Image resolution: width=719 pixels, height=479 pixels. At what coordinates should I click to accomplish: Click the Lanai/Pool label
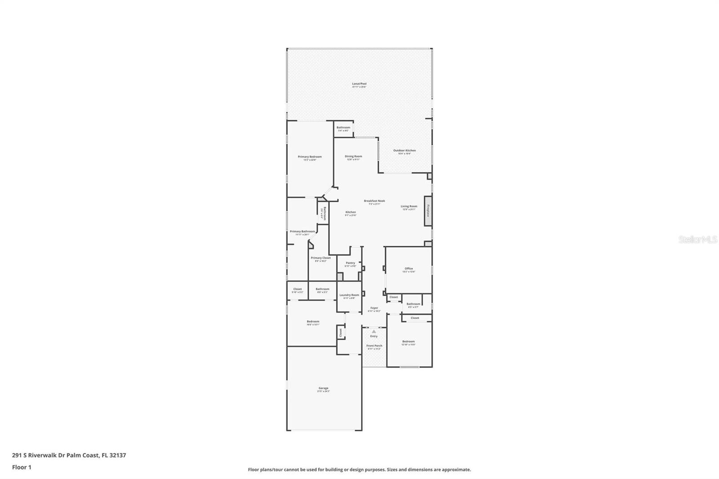(x=359, y=84)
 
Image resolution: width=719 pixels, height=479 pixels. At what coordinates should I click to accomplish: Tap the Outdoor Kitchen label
(x=404, y=151)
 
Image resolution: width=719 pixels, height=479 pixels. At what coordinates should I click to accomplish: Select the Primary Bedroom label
(x=310, y=157)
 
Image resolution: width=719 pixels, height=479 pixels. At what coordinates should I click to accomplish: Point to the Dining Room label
(x=353, y=157)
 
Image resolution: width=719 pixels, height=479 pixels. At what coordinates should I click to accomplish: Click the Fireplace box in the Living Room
(x=428, y=211)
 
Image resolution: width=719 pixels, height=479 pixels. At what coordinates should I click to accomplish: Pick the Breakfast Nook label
(x=374, y=201)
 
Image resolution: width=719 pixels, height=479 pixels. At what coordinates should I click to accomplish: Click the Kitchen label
(x=351, y=213)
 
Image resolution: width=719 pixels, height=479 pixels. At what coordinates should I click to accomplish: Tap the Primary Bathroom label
(x=302, y=232)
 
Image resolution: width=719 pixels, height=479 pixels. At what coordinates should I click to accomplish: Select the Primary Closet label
(x=320, y=258)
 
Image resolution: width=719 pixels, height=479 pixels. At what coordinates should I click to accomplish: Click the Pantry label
(x=351, y=263)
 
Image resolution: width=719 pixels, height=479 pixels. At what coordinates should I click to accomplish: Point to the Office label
(x=408, y=269)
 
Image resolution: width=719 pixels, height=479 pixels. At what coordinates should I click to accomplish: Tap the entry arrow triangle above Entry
(x=373, y=332)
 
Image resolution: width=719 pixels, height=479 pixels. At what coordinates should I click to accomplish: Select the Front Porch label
(x=374, y=346)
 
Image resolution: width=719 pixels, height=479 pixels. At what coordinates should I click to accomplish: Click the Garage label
(x=324, y=389)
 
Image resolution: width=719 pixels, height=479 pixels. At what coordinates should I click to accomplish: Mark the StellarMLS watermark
(x=697, y=240)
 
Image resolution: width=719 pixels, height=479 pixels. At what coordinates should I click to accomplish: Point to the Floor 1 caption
(x=22, y=467)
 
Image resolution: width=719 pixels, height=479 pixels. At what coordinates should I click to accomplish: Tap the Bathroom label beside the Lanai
(x=343, y=128)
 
